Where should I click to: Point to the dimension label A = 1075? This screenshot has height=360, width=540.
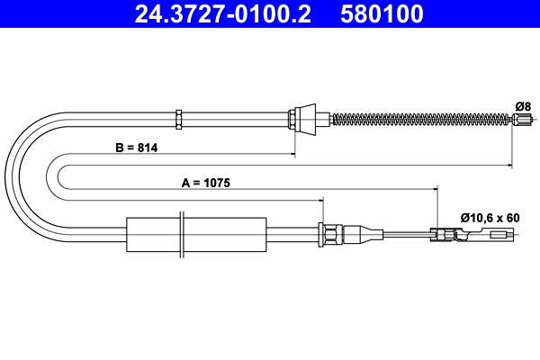coord(206,182)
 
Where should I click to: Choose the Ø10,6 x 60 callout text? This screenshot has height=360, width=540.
coord(490,217)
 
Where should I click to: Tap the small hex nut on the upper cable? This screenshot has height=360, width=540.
coord(179,117)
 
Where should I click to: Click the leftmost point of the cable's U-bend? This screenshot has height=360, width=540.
coord(7,175)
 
